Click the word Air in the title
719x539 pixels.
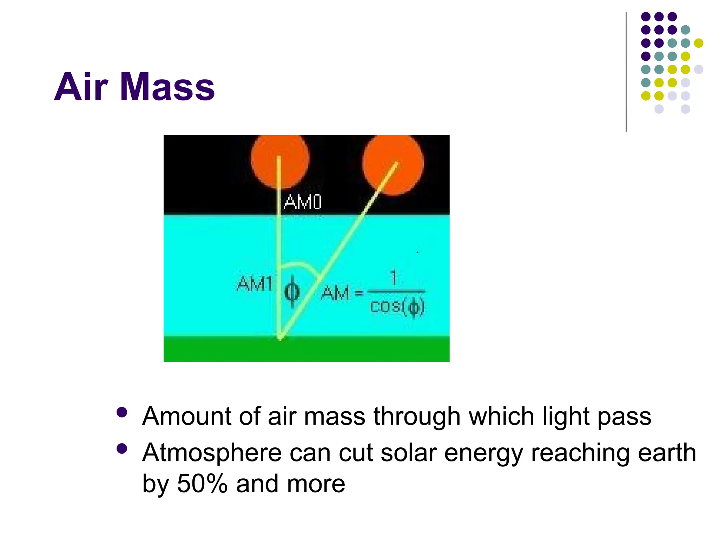pos(81,87)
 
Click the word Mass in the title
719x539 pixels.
pos(167,87)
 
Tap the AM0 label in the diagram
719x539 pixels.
pos(302,202)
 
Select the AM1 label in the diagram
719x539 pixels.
pos(255,284)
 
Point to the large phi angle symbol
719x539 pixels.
pos(292,292)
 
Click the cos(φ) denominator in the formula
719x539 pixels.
pos(397,307)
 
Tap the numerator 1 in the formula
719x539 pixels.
pos(394,278)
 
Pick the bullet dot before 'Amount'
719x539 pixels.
pos(122,412)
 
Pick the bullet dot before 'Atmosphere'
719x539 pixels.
pos(122,449)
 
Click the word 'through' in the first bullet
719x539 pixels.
pos(417,417)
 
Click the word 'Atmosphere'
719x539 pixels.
pos(212,453)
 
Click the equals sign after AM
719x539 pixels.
pos(359,292)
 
